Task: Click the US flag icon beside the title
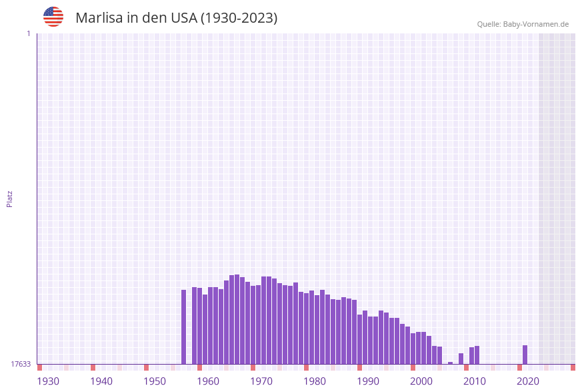pos(53,17)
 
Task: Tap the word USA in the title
pos(184,18)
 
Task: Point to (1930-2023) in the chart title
pos(239,18)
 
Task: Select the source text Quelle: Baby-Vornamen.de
pos(523,24)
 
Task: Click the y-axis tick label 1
pos(28,33)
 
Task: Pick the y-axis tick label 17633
pos(21,364)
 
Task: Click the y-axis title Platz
pos(10,198)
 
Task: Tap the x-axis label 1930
pos(48,381)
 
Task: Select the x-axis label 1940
pos(101,381)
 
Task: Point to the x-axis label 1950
pos(155,381)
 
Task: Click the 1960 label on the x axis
pos(208,381)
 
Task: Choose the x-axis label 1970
pos(261,381)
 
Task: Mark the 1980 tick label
pos(315,381)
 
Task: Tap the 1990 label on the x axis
pos(368,381)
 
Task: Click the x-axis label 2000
pos(421,381)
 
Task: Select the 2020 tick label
pos(528,381)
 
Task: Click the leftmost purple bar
pos(184,327)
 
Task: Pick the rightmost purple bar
pos(525,355)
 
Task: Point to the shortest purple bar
pos(451,363)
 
